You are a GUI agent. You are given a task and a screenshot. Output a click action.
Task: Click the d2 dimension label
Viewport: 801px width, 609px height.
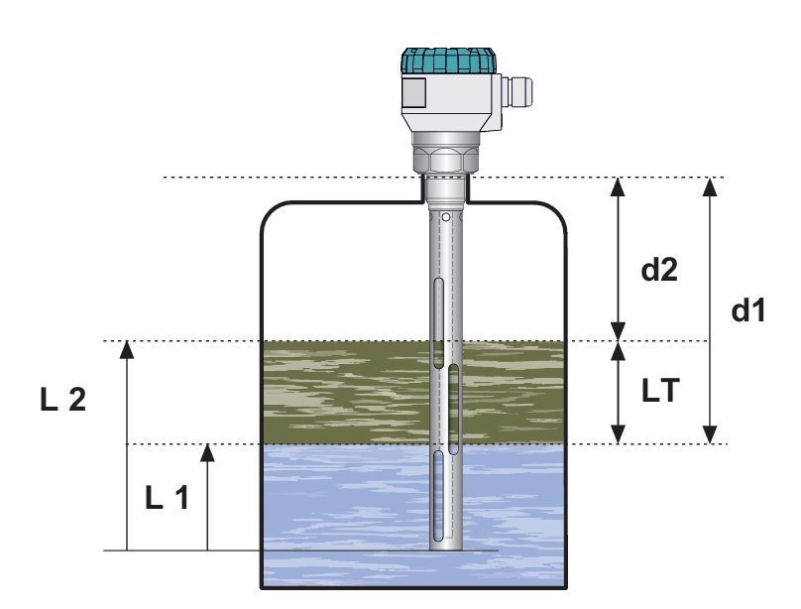point(659,269)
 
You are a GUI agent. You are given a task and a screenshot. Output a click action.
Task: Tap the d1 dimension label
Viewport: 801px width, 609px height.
point(748,310)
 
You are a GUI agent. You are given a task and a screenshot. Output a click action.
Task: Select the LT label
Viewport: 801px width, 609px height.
point(660,391)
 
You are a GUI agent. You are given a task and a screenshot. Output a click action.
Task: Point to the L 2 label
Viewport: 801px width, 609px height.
point(62,400)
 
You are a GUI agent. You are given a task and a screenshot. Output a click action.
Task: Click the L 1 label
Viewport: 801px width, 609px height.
point(168,498)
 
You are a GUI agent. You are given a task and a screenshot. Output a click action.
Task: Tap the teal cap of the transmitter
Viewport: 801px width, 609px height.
point(448,61)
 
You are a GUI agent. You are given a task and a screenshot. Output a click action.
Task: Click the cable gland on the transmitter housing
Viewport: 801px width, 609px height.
point(516,92)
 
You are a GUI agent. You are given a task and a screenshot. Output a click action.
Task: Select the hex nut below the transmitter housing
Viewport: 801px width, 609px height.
point(447,160)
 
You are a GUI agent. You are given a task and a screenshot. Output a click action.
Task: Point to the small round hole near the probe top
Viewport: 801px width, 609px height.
point(446,217)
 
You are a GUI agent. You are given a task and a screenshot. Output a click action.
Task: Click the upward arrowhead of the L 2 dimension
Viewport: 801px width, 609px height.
point(127,349)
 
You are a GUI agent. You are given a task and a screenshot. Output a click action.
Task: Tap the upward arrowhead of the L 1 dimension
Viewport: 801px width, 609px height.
point(207,452)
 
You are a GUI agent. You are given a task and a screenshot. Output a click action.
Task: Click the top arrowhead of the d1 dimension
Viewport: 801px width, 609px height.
point(710,186)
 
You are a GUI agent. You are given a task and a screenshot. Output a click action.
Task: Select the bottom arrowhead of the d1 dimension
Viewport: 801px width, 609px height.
point(710,434)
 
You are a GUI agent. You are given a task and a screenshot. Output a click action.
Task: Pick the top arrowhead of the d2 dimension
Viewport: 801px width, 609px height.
point(619,186)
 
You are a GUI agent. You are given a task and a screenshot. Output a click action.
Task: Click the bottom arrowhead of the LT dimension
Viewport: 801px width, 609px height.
point(619,434)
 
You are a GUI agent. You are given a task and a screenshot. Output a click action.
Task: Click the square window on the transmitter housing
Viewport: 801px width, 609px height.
point(413,92)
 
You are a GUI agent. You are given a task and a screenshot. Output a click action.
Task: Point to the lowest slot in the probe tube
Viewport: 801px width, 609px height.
point(438,496)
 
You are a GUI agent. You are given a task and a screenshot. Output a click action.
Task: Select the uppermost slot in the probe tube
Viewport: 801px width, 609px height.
point(438,323)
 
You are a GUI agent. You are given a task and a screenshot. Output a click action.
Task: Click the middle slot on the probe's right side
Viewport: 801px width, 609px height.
point(453,410)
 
